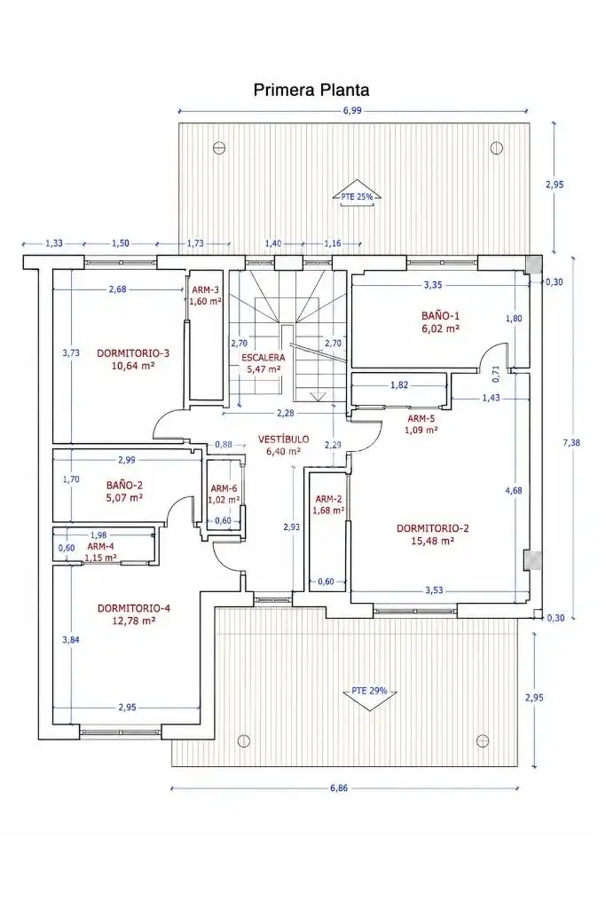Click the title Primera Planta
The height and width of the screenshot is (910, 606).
tap(311, 90)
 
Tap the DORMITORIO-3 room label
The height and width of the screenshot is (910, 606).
tap(133, 352)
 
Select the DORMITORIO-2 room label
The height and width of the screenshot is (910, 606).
tap(433, 528)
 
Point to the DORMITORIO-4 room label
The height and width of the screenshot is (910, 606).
tap(133, 608)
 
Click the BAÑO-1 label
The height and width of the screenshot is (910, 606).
tap(440, 316)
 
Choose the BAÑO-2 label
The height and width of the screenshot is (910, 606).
tap(124, 485)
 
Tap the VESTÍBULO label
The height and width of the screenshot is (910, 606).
tap(283, 439)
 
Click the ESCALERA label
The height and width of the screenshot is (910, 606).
tap(264, 358)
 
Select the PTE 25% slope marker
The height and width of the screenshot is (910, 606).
tap(357, 197)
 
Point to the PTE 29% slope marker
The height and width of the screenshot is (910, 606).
tap(369, 692)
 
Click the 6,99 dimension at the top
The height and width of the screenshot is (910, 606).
tap(352, 110)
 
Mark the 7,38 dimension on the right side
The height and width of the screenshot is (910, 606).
tap(571, 443)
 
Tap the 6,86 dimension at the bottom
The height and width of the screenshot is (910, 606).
tap(339, 788)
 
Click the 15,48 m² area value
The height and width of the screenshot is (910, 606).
tap(432, 541)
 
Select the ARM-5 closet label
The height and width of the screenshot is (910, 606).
tap(421, 418)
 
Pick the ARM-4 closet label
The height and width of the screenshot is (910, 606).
tap(100, 546)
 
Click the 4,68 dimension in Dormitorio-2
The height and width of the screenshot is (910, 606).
tap(513, 490)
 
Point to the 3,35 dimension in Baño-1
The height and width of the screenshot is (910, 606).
tap(433, 285)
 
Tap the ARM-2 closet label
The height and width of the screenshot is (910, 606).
tap(328, 499)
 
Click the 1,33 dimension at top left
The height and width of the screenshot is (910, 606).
tap(54, 244)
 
